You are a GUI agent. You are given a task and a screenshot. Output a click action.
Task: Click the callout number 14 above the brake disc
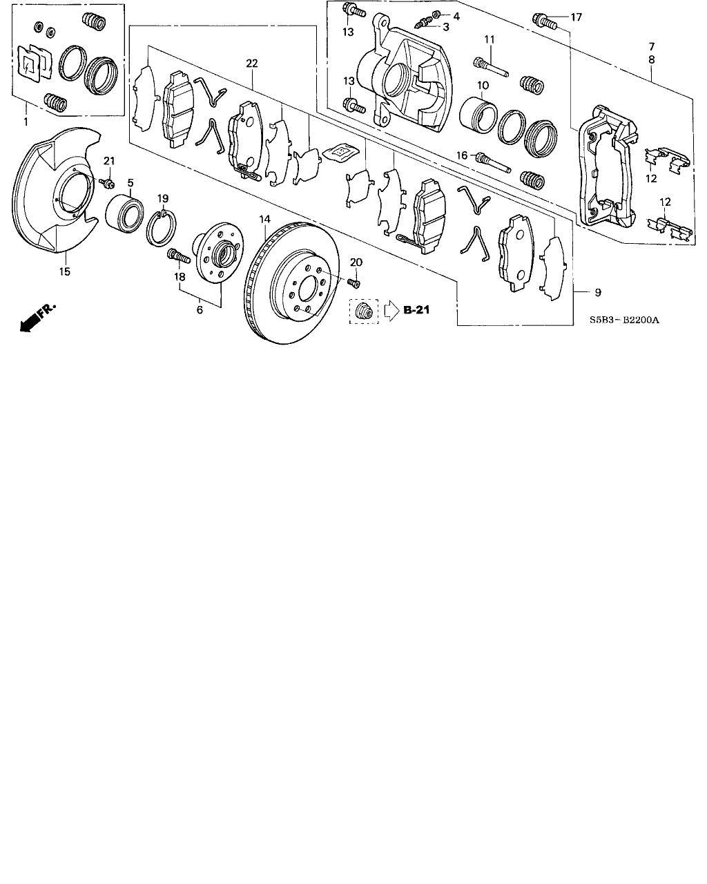(265, 220)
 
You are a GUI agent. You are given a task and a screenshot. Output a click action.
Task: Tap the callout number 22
(252, 64)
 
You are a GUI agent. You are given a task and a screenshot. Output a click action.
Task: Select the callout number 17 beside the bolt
(577, 17)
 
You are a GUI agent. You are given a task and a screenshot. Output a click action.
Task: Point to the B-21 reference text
(416, 309)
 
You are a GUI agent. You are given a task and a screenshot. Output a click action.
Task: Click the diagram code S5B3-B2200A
(624, 320)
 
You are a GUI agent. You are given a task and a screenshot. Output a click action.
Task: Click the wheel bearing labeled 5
(124, 215)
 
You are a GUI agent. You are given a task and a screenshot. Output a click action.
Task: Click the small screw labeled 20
(353, 282)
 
